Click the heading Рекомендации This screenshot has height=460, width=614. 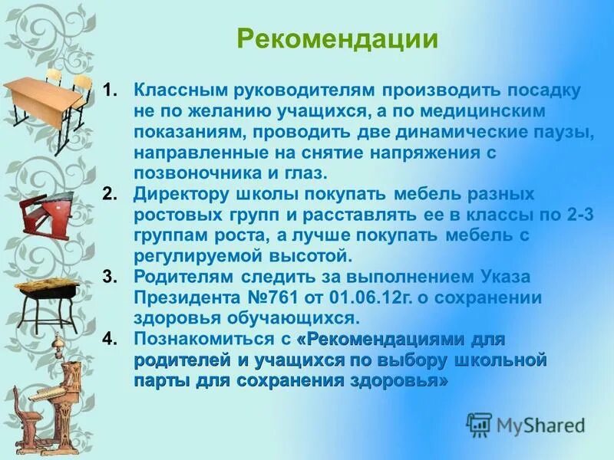click(337, 40)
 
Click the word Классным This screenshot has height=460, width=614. click(173, 90)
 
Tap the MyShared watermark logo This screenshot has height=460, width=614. click(526, 423)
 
